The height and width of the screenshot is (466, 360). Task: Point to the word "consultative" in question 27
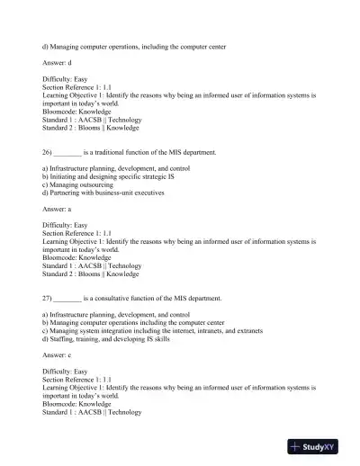(x=125, y=297)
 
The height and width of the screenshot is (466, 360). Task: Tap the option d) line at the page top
(x=134, y=45)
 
